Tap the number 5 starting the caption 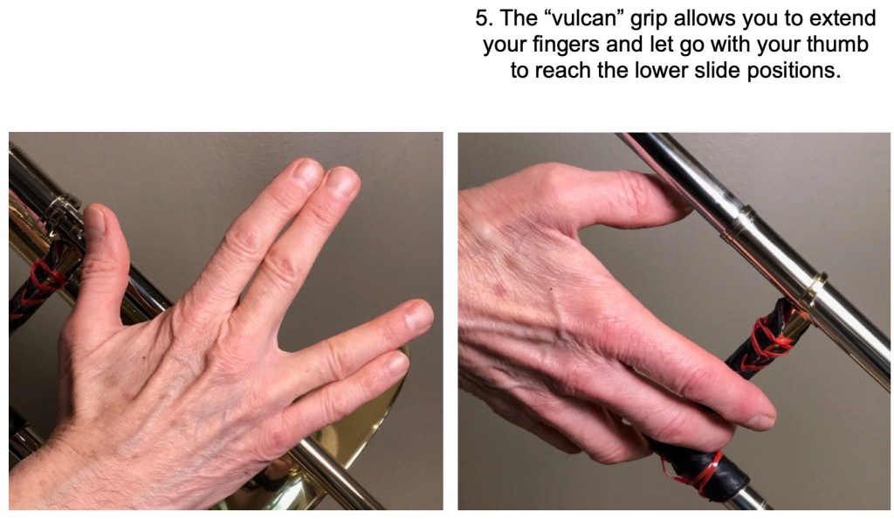(482, 18)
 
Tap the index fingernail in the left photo (306, 172)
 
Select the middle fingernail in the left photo (342, 182)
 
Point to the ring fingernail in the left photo (418, 315)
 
